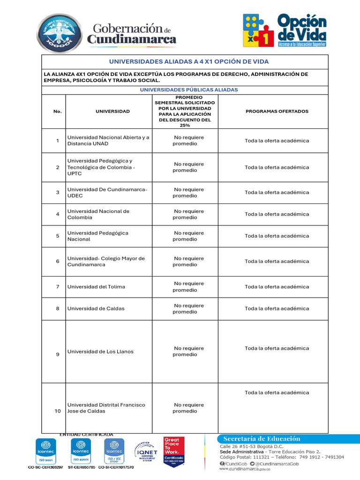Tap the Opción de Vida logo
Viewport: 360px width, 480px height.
point(285,30)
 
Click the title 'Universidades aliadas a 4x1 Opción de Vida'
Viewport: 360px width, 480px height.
point(189,61)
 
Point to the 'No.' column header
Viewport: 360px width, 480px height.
point(58,112)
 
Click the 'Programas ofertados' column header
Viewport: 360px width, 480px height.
point(277,112)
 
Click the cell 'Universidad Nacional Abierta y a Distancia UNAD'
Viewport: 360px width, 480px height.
point(108,140)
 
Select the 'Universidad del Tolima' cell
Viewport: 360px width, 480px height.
point(96,286)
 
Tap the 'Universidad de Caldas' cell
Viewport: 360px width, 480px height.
point(96,308)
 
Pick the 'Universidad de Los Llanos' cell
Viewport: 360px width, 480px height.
point(100,352)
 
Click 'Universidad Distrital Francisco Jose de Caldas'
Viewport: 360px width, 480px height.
point(106,408)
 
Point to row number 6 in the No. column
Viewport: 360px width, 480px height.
point(58,261)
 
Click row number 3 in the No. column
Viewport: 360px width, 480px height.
point(58,192)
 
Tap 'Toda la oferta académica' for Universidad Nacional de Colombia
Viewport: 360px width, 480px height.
point(277,214)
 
